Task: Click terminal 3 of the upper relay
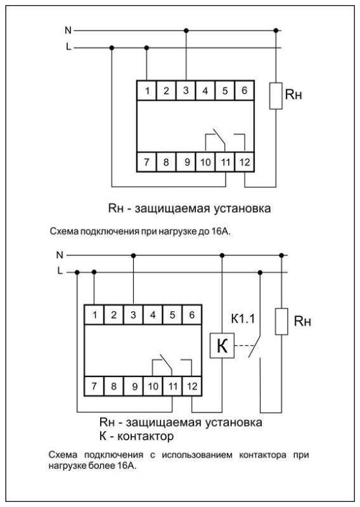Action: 186,91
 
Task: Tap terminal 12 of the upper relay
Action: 245,162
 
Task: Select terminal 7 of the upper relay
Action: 146,162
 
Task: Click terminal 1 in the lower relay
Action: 94,314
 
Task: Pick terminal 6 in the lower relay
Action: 193,314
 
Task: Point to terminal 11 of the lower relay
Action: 173,385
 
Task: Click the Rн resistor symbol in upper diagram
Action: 275,96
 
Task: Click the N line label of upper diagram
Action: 68,30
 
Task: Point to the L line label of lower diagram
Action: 60,271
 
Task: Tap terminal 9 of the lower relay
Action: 134,385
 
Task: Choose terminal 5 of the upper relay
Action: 225,91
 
